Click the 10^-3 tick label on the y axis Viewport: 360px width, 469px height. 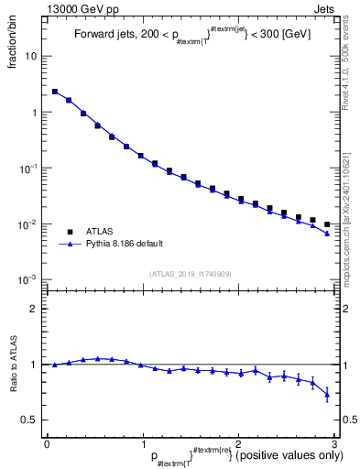coord(27,280)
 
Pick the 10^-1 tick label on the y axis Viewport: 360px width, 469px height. coord(27,169)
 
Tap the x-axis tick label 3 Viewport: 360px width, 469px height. coord(334,443)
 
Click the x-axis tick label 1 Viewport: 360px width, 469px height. coord(143,443)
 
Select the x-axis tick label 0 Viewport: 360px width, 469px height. coord(47,443)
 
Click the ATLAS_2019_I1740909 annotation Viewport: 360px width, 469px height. coord(190,274)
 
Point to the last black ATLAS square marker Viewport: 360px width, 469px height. coord(327,224)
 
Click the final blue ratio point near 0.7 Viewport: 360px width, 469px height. coord(327,395)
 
